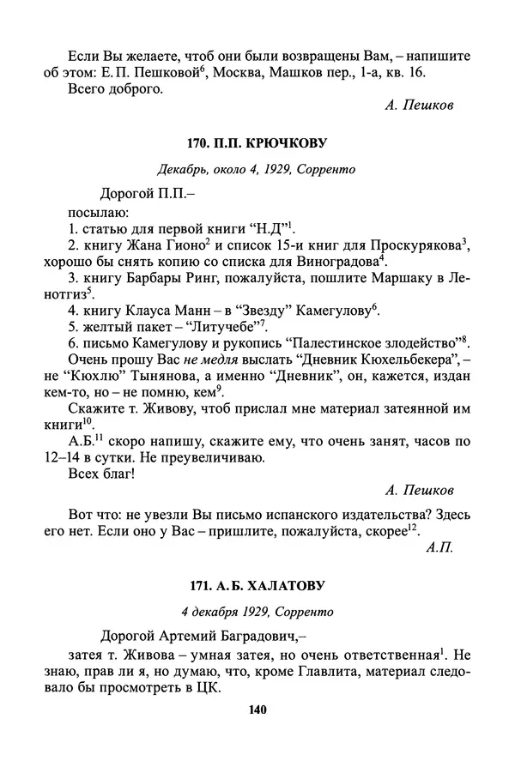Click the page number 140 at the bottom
tap(257, 710)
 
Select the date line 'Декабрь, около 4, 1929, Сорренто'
tap(257, 169)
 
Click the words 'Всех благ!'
tap(100, 472)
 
